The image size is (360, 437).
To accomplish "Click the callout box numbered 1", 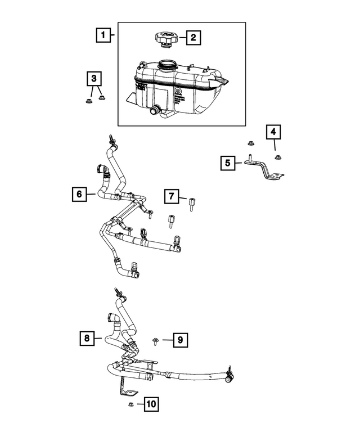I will pos(102,36).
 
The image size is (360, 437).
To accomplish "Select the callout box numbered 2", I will pos(192,38).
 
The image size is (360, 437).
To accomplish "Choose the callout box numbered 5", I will pos(228,163).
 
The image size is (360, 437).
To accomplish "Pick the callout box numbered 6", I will pos(80,194).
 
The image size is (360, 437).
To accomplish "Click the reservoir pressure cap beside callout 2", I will pos(165,39).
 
